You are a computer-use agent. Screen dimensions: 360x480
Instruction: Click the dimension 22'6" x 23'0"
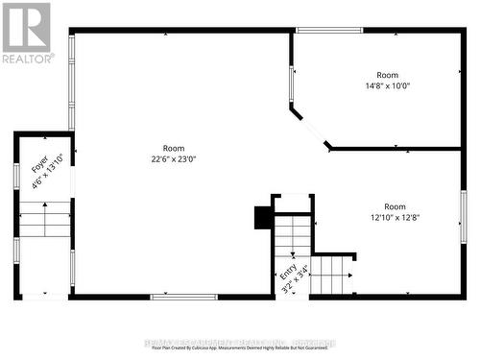click(173, 159)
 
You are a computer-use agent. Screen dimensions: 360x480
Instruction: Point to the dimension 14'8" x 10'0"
click(387, 85)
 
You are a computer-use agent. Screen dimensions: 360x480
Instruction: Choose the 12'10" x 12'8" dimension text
click(395, 217)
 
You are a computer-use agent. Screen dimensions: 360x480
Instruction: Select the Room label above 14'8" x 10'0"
click(387, 74)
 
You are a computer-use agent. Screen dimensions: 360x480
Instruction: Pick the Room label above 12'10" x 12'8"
click(395, 205)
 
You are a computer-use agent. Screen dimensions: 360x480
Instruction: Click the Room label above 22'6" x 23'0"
click(173, 148)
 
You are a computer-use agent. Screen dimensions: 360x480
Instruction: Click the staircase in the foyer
click(45, 220)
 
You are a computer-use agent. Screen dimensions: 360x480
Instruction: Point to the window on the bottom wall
click(183, 297)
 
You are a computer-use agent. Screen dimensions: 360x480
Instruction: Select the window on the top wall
click(328, 30)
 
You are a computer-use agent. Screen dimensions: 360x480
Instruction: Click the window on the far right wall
click(463, 216)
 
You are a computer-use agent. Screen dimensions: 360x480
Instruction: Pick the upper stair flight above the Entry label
click(293, 235)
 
